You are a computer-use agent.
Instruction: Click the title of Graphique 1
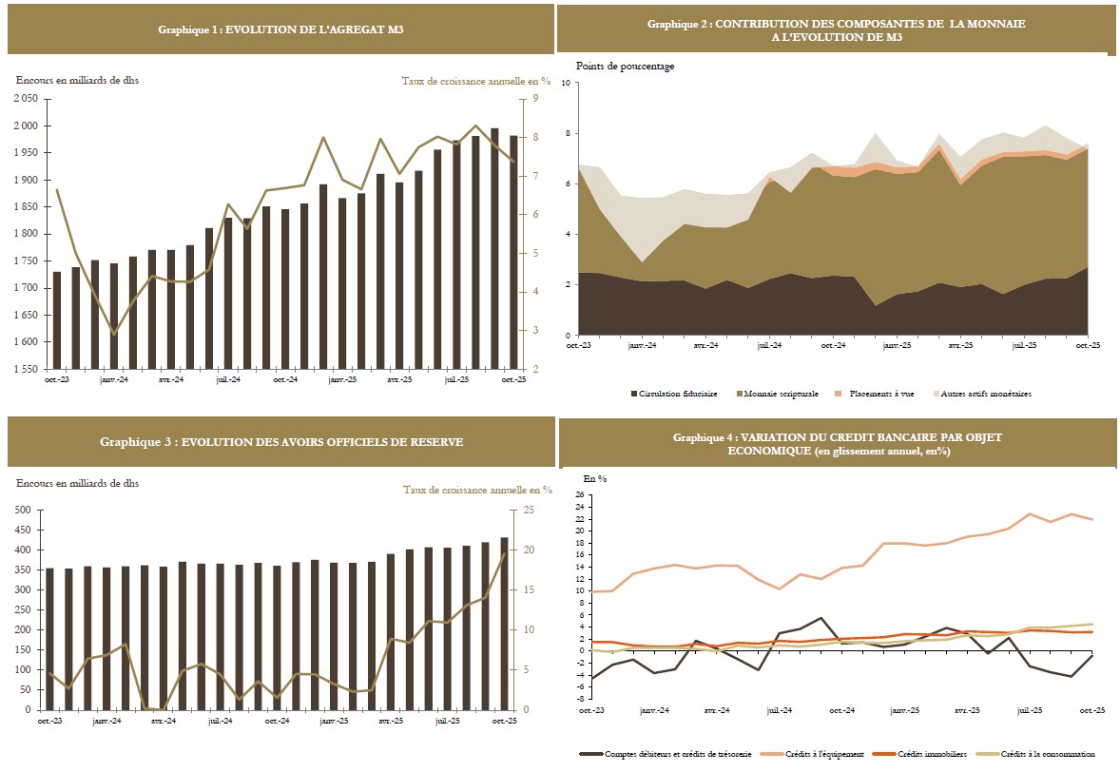click(x=280, y=30)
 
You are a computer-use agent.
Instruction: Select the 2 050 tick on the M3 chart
click(x=26, y=98)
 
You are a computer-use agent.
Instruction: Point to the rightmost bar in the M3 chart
click(x=513, y=252)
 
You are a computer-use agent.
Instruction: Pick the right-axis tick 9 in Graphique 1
click(x=535, y=98)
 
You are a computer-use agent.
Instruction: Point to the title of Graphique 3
click(x=280, y=441)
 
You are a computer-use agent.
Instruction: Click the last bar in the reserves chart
click(x=505, y=624)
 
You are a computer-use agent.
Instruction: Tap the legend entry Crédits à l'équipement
click(x=823, y=754)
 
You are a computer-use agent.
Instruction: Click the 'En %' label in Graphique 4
click(x=594, y=479)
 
